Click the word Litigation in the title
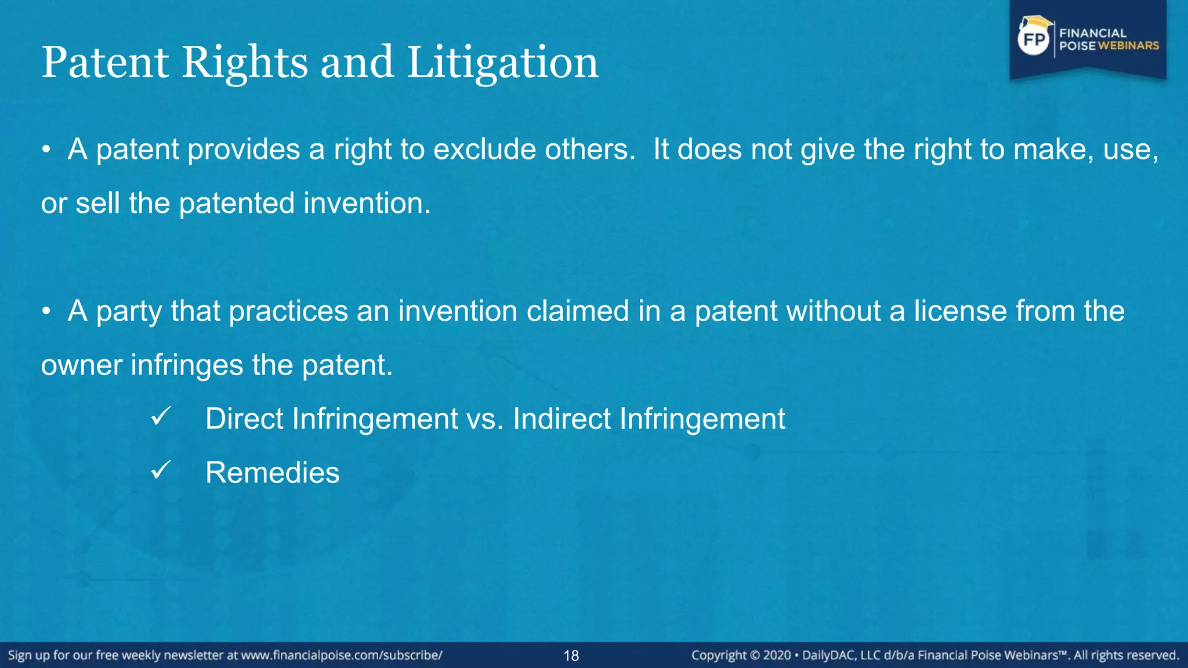coord(502,63)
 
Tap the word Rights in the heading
coord(244,63)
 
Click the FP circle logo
coord(1034,39)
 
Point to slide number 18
coord(571,656)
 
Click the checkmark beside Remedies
coord(160,470)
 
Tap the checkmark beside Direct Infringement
coord(160,416)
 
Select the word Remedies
coord(272,473)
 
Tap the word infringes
coord(187,365)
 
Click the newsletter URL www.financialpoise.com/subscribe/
coord(342,656)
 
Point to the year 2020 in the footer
coord(777,656)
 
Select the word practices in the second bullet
coord(288,311)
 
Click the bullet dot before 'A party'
coord(46,311)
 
